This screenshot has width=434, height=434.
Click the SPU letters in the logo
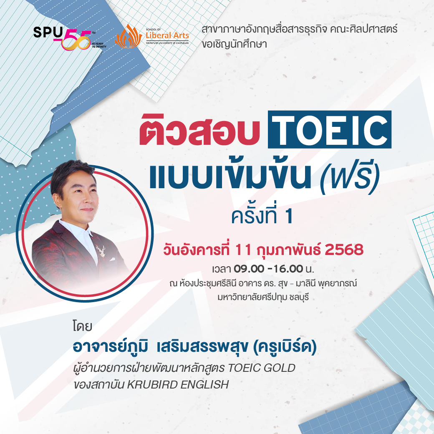(x=48, y=33)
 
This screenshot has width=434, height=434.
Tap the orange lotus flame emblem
(x=129, y=36)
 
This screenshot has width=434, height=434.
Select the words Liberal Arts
(x=167, y=35)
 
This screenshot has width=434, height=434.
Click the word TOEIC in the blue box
(x=330, y=129)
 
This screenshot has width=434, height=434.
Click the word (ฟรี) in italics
(x=350, y=177)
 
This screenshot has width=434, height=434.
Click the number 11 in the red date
(x=243, y=250)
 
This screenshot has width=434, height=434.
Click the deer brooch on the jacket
(x=101, y=250)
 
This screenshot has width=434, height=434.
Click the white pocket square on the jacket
(x=112, y=259)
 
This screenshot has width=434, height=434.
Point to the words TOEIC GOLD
(x=262, y=368)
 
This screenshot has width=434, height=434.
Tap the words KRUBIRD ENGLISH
(x=178, y=385)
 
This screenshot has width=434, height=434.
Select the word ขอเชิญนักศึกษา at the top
(x=234, y=44)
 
